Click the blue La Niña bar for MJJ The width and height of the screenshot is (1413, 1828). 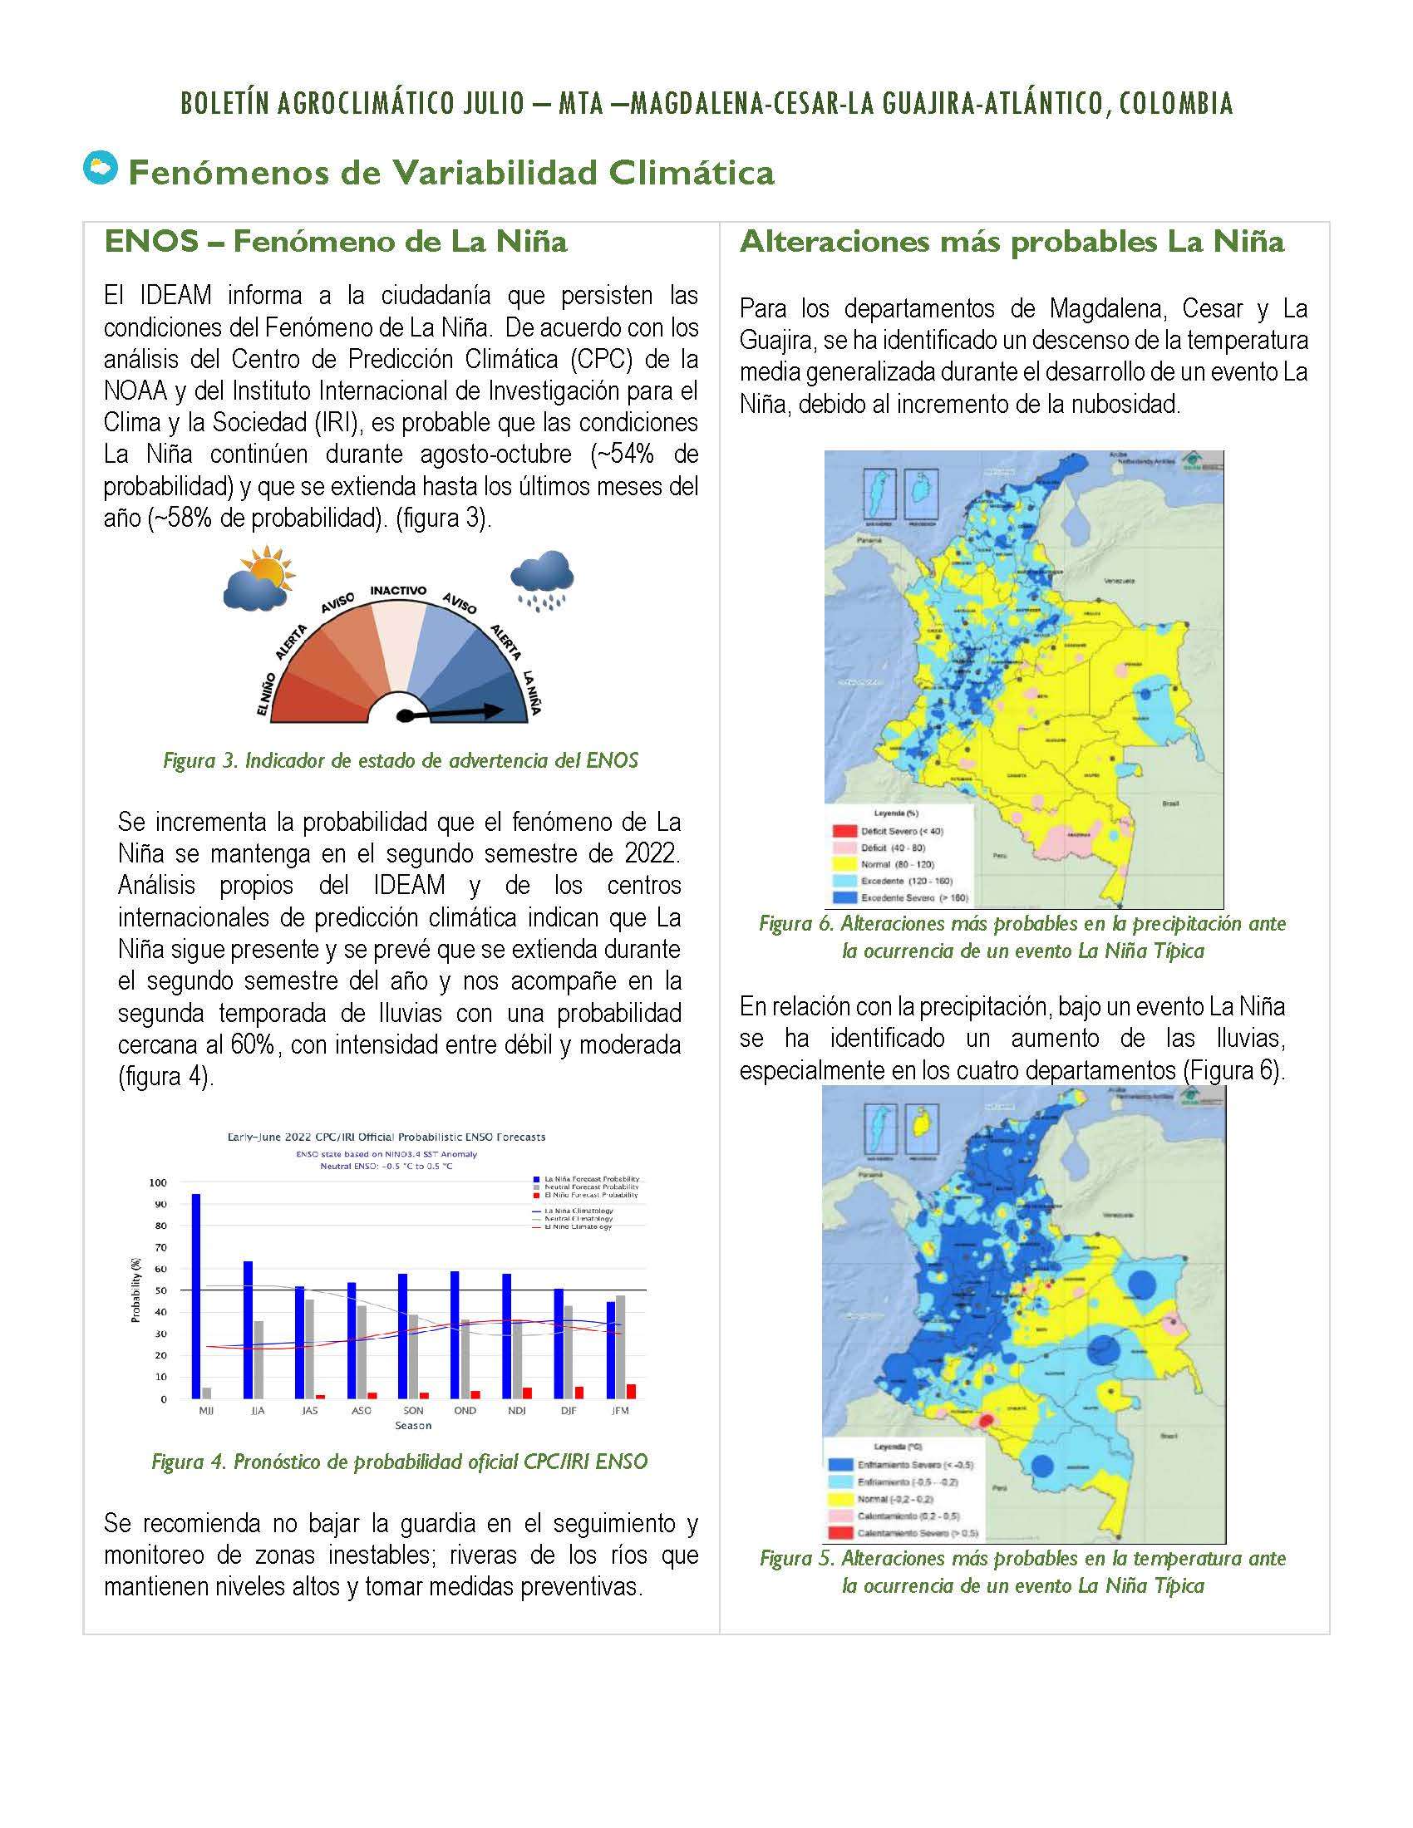tap(196, 1295)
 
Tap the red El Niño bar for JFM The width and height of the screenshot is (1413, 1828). tap(630, 1391)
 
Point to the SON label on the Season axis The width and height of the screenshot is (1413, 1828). tap(413, 1410)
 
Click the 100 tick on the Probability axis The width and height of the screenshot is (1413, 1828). tap(157, 1182)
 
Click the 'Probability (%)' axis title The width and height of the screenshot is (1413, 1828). tap(135, 1290)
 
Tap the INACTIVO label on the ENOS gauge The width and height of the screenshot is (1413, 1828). tap(397, 590)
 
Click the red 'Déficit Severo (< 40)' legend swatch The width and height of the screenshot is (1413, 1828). tap(841, 831)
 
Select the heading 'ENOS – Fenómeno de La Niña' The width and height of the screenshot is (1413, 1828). tap(336, 242)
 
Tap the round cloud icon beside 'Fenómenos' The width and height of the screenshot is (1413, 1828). tap(100, 168)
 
